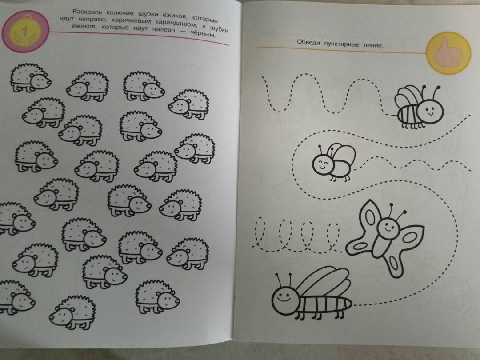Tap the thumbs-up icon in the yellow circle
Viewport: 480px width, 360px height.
pos(448,52)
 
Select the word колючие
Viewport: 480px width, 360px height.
pos(120,13)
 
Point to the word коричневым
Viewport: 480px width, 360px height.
pos(131,21)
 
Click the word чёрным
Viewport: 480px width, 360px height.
pos(203,33)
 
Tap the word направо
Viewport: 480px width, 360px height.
pos(91,19)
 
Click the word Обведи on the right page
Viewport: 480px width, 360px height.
pos(308,42)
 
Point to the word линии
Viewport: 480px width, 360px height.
pos(373,45)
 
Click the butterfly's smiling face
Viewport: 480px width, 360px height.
pos(388,227)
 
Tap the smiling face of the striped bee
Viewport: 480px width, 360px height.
pos(430,108)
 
